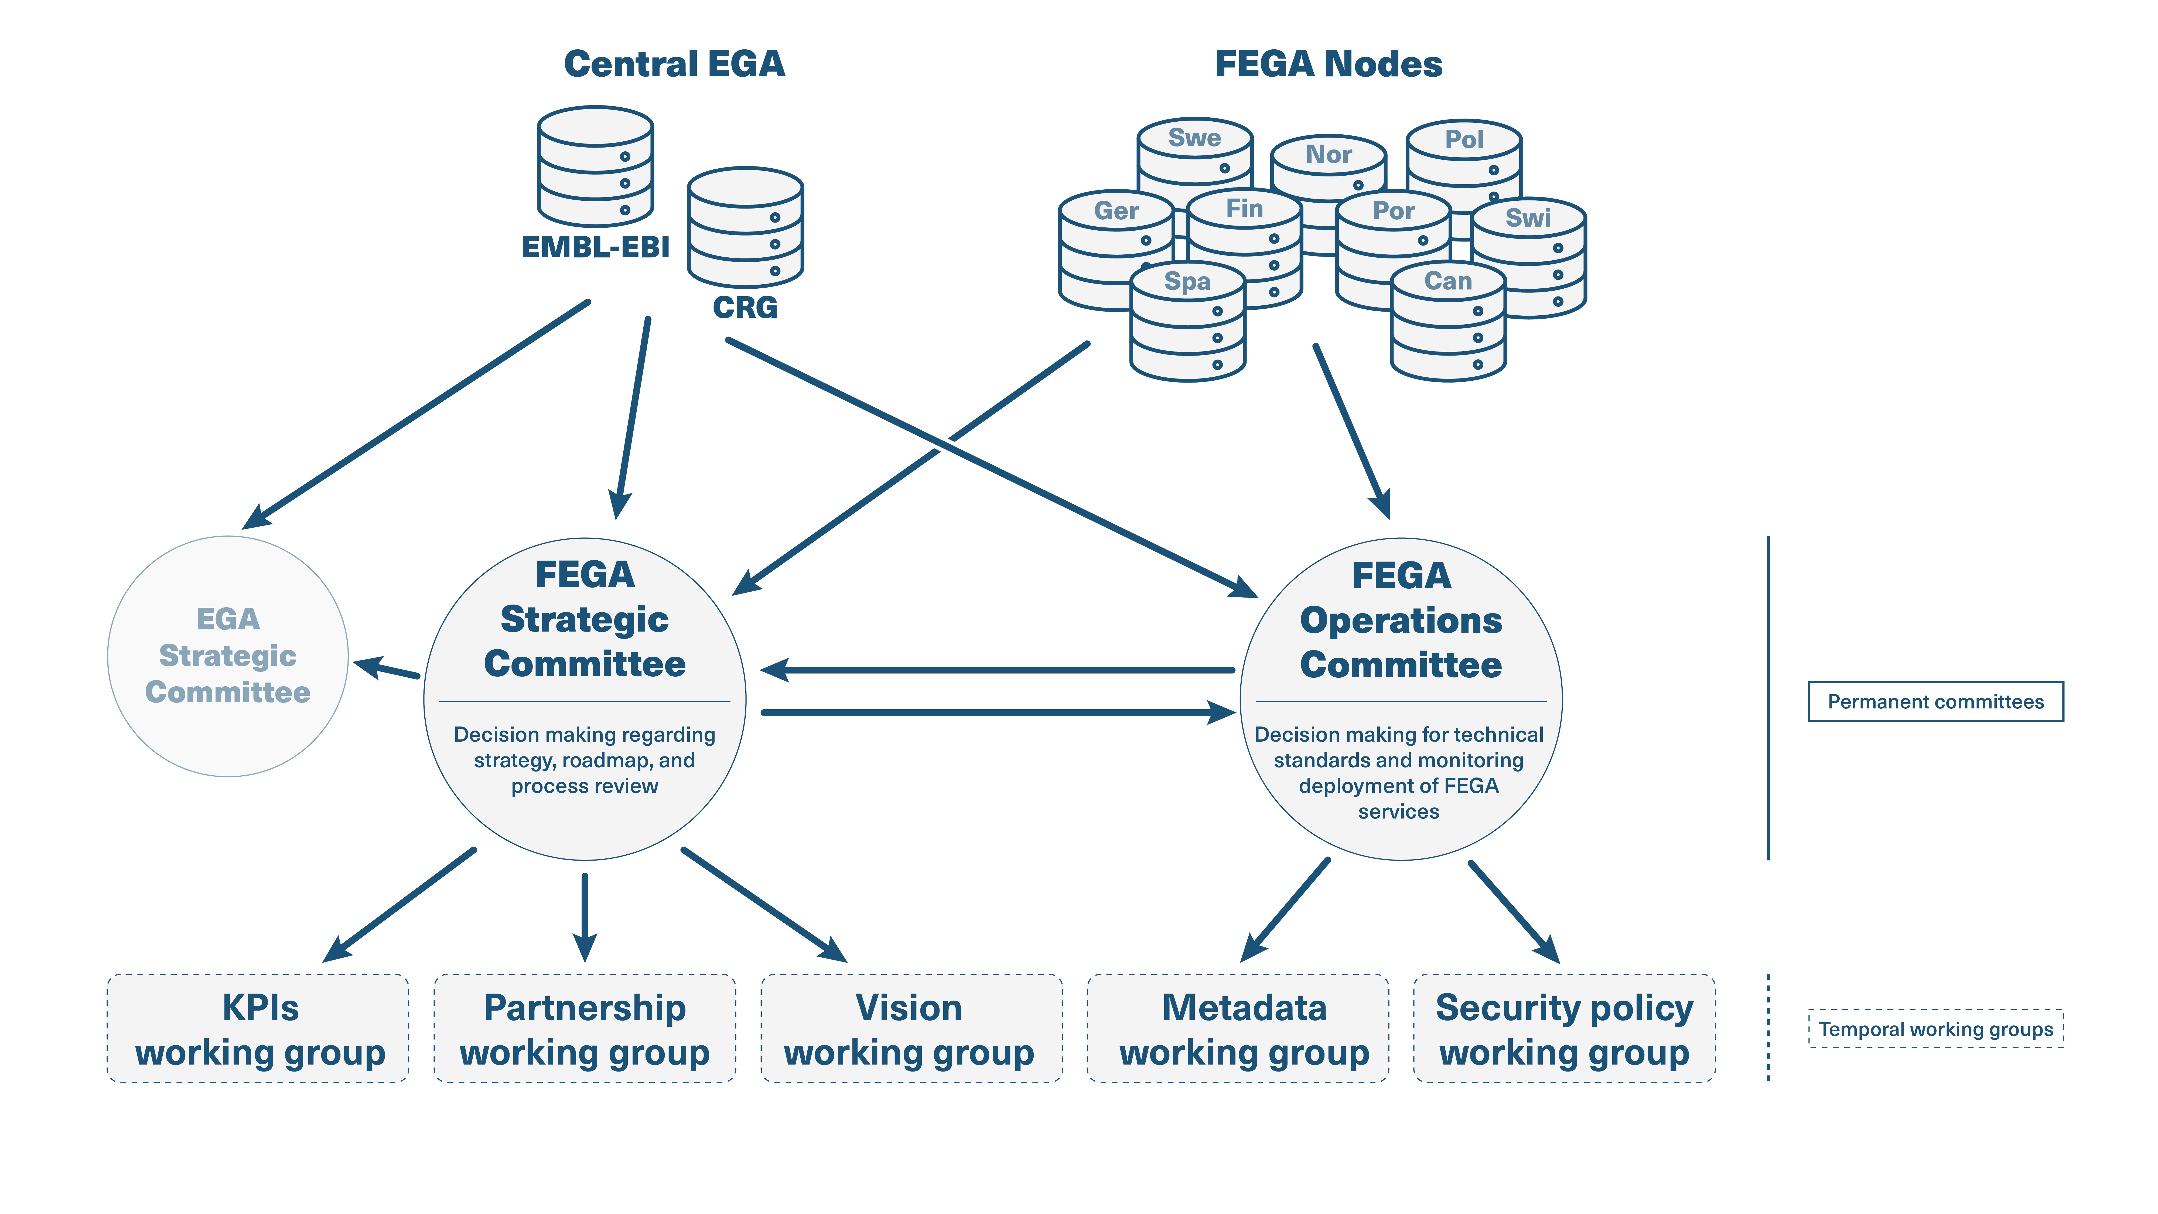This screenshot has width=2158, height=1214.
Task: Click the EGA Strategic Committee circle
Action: pyautogui.click(x=228, y=656)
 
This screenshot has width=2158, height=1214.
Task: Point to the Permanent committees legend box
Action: pyautogui.click(x=1935, y=701)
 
